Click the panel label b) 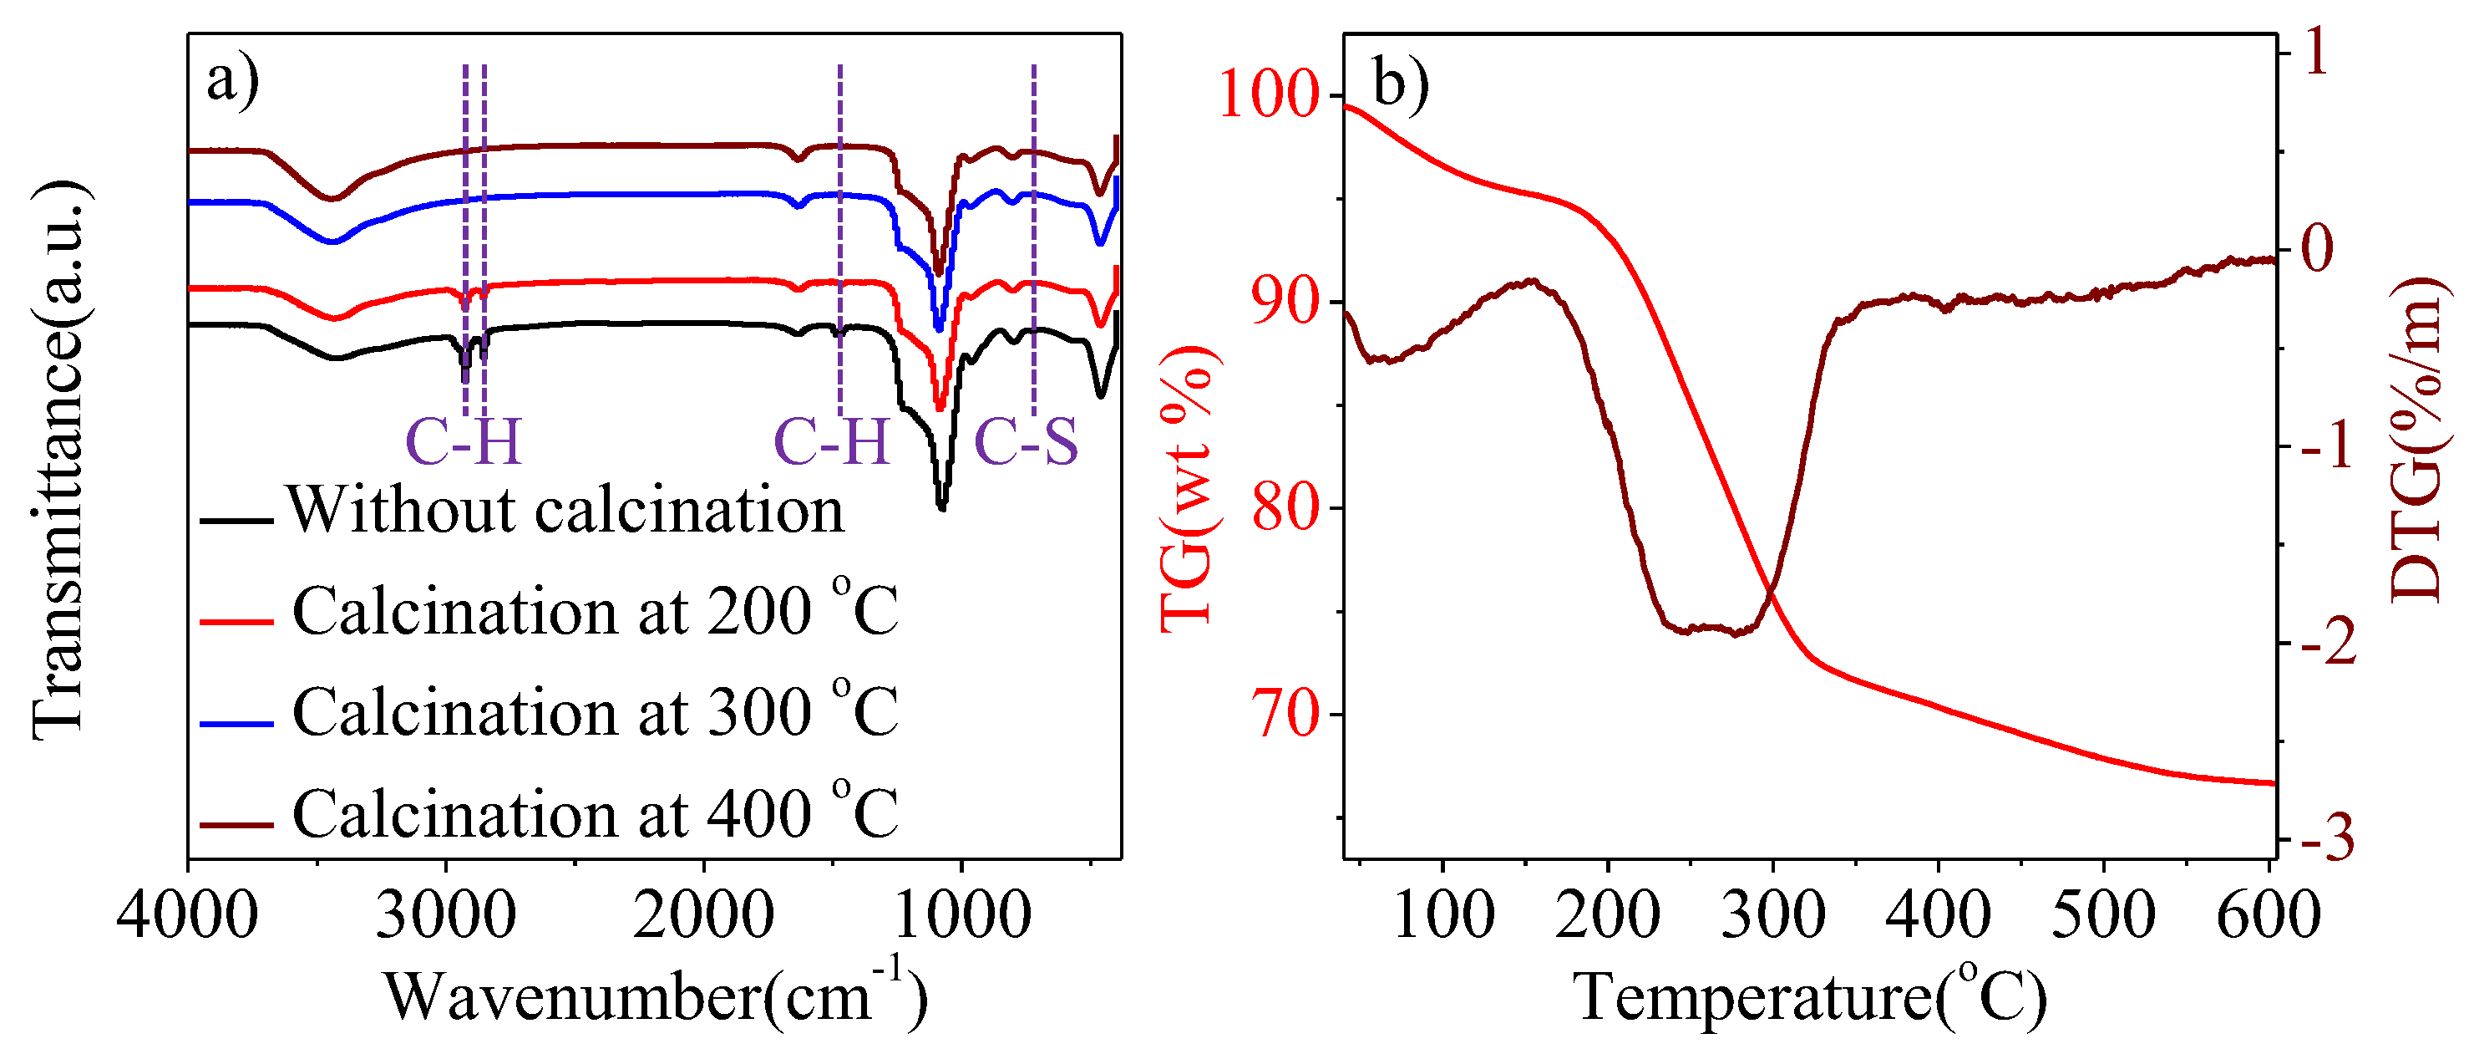(1400, 83)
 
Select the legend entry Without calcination (565, 510)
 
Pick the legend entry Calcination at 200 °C (595, 611)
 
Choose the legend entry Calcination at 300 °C (595, 712)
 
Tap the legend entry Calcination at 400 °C (595, 814)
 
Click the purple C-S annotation (1026, 443)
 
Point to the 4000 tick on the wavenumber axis (187, 914)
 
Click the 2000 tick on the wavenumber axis (703, 914)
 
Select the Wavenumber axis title (656, 996)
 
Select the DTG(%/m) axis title (2416, 438)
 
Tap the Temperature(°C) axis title (1809, 996)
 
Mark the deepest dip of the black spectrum (942, 507)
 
